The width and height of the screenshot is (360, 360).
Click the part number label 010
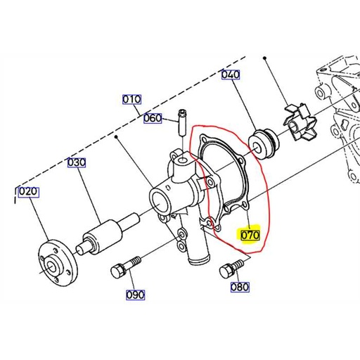[x=131, y=99]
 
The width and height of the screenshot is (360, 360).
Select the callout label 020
[x=27, y=192]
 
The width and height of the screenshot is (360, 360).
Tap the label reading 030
[x=76, y=163]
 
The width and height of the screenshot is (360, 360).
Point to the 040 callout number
[x=230, y=75]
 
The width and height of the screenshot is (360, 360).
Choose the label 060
[x=153, y=118]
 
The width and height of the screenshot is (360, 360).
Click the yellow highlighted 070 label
[x=251, y=235]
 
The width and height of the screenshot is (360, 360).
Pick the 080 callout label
[x=240, y=287]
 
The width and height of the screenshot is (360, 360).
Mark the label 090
[x=136, y=295]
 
